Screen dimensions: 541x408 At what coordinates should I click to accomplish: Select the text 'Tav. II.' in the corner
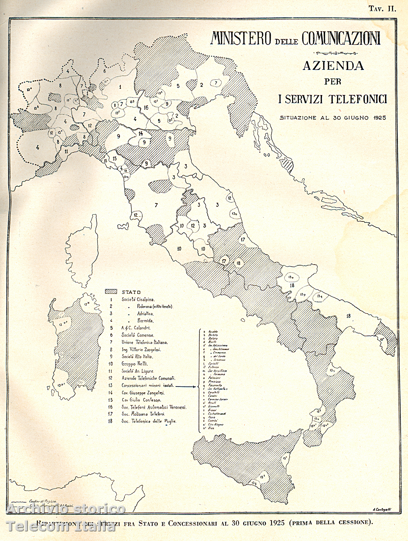383,9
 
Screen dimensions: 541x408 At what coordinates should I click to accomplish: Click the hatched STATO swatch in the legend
111,292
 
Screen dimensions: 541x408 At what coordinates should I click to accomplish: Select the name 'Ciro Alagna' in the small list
215,425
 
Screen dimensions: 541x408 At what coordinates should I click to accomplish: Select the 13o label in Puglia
291,277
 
